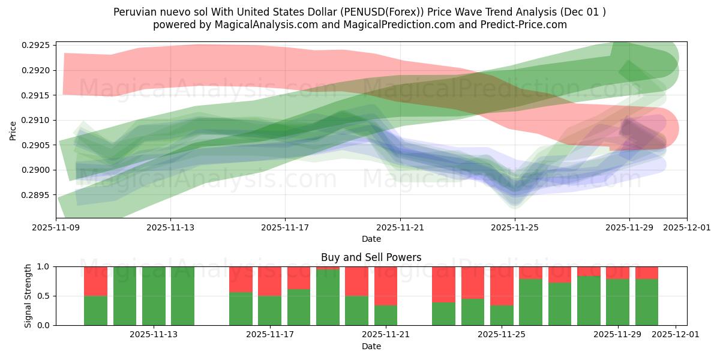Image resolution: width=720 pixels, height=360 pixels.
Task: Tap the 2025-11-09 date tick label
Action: [56, 227]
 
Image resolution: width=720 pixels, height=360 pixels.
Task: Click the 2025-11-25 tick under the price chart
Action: [514, 227]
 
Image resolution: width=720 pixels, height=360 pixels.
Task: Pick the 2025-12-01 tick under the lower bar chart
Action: [676, 335]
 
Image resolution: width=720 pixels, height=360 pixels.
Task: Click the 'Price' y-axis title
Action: [13, 130]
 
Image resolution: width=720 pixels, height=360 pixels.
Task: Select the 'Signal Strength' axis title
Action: [28, 296]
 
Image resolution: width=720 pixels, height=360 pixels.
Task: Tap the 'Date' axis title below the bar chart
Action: [371, 346]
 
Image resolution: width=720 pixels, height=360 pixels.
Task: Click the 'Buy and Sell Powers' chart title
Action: [371, 257]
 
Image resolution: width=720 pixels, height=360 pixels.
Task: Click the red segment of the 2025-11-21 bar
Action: [386, 286]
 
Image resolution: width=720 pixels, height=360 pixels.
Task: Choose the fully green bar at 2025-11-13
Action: [154, 296]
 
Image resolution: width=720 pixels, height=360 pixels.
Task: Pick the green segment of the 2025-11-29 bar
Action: [617, 302]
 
